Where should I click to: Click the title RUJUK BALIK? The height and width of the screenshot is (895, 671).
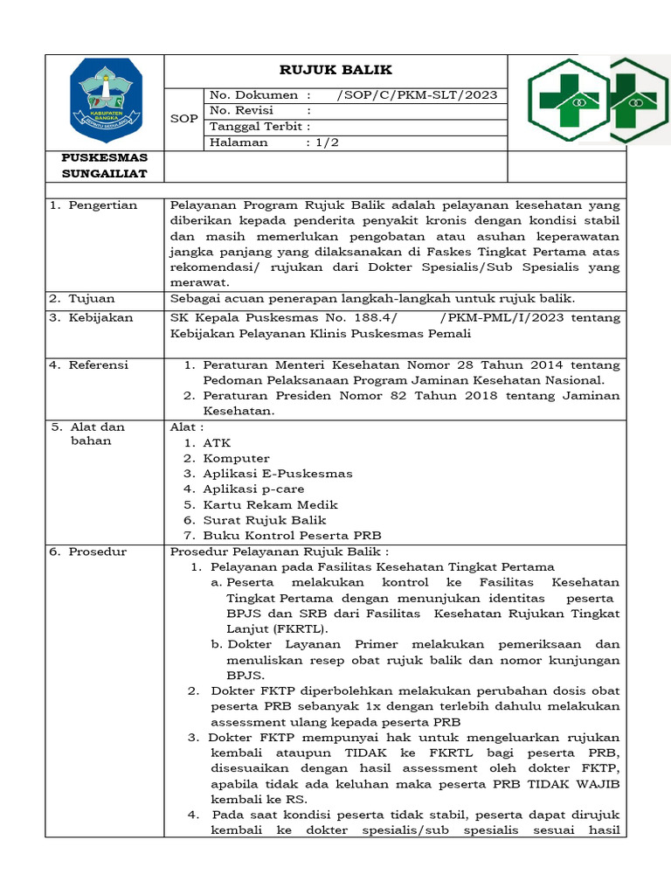[335, 70]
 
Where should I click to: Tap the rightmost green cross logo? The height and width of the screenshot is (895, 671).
[640, 99]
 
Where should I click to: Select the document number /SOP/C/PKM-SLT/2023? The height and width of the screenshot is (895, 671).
[416, 94]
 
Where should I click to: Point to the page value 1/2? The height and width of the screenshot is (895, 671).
[326, 142]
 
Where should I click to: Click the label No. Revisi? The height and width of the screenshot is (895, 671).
[241, 110]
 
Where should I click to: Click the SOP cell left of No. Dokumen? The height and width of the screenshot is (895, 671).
[183, 118]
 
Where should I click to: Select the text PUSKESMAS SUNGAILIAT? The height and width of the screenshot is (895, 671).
[105, 165]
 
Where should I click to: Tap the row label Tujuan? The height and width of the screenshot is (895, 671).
[92, 298]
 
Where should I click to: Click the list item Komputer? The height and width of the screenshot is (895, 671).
[236, 458]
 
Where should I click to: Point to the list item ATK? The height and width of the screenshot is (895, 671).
[217, 443]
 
